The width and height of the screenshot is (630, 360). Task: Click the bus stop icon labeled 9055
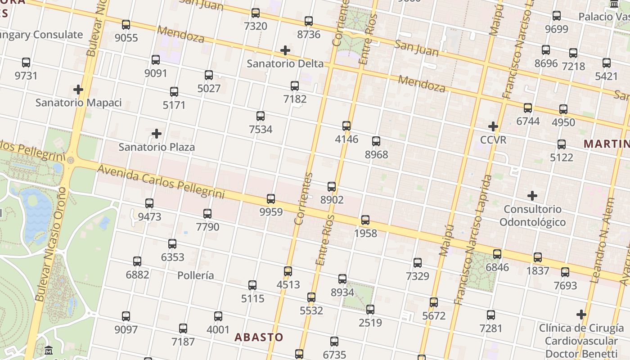coord(126,24)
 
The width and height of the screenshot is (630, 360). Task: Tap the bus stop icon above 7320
coord(256,13)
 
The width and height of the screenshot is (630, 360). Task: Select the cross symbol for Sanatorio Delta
coord(285,50)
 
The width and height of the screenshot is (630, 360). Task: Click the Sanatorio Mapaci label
coord(79,103)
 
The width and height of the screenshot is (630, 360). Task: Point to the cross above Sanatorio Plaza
coord(157,134)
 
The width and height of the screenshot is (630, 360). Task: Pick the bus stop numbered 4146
coord(346,126)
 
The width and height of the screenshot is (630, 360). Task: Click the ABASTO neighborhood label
coord(259,337)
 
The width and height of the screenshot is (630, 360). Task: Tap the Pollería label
coord(196,275)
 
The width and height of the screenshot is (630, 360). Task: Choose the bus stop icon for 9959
coord(271,198)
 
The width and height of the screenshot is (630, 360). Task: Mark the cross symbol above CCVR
coord(493,126)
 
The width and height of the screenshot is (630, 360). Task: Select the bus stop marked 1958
coord(365,220)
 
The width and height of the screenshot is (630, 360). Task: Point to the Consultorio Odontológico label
coord(532,216)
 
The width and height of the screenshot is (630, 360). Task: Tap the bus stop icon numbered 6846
coord(497,254)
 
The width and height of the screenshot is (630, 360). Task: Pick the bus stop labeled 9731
coord(26,63)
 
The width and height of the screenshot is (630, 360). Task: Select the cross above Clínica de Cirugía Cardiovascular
coord(581,314)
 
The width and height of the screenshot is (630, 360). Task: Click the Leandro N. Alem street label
coord(603,241)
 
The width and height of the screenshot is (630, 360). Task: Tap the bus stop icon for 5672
coord(434,302)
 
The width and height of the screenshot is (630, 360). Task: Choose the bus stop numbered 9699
coord(557,16)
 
